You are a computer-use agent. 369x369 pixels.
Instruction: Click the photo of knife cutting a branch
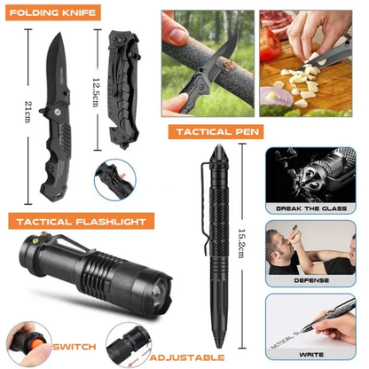pos(204,67)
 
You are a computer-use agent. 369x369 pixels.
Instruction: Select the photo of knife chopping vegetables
pos(311,67)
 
